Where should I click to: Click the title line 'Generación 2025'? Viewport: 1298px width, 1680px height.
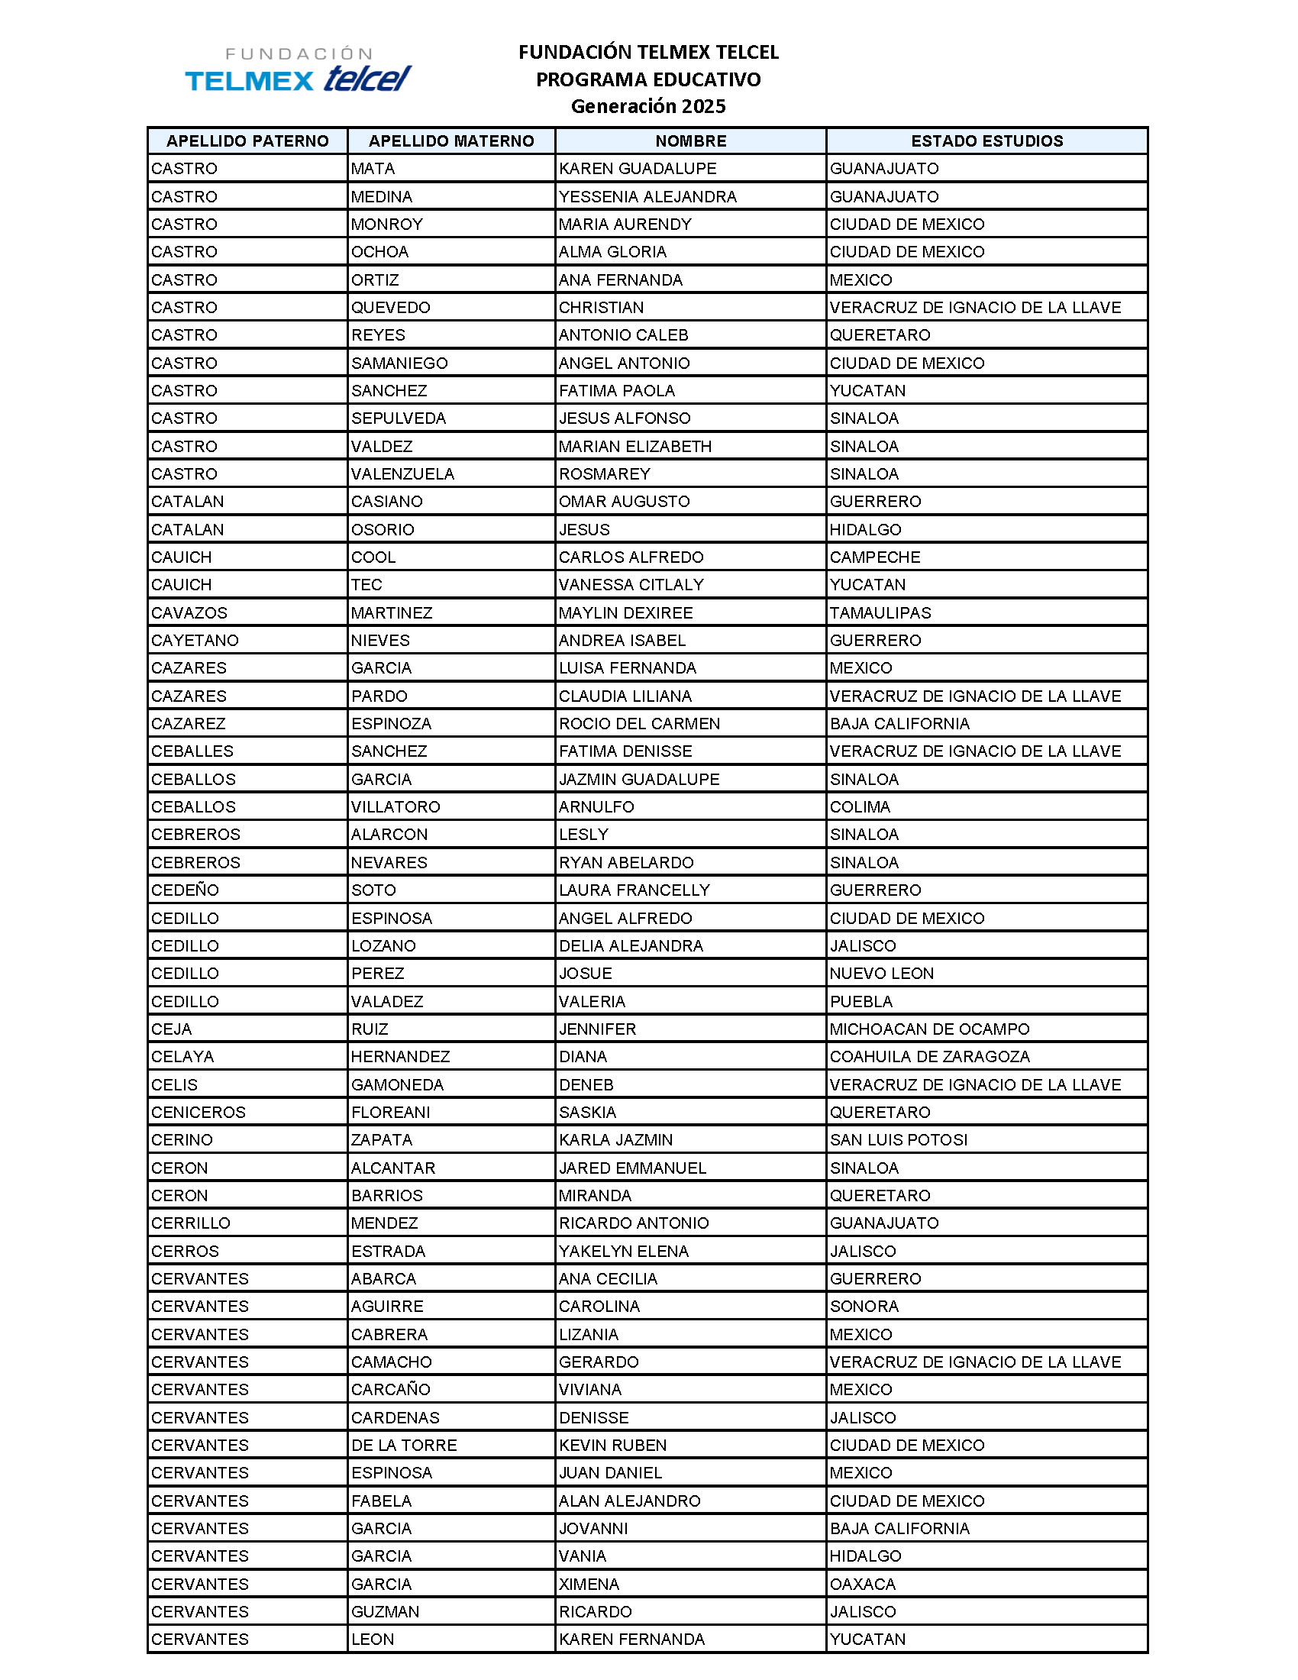(647, 106)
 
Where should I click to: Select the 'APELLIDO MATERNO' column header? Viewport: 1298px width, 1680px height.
(451, 141)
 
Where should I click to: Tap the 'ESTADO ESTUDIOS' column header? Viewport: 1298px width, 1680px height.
(986, 141)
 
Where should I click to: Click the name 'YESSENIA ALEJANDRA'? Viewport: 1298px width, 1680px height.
(647, 197)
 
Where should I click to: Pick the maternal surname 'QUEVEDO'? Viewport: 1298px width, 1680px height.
(391, 308)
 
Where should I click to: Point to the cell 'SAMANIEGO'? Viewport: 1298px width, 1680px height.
(399, 363)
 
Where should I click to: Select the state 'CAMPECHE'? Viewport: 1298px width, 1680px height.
(874, 557)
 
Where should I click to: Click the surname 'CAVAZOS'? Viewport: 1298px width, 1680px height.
(189, 613)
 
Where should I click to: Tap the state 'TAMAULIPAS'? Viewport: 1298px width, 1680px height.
(880, 613)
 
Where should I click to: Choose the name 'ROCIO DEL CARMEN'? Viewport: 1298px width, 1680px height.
(639, 724)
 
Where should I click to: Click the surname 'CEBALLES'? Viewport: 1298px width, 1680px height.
(192, 751)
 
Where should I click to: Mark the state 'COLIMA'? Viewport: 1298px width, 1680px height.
(860, 807)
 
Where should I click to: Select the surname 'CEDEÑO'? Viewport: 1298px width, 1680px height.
(186, 890)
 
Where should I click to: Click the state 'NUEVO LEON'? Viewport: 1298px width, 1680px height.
(881, 974)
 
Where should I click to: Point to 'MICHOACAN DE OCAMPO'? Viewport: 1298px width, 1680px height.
(929, 1029)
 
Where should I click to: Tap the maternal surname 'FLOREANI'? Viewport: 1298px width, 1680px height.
(391, 1113)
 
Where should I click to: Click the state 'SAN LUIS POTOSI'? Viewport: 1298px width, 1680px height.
(898, 1140)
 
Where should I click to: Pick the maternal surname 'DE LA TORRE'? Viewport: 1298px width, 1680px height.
(404, 1446)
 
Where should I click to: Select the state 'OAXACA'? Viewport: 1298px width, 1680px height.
(863, 1585)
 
